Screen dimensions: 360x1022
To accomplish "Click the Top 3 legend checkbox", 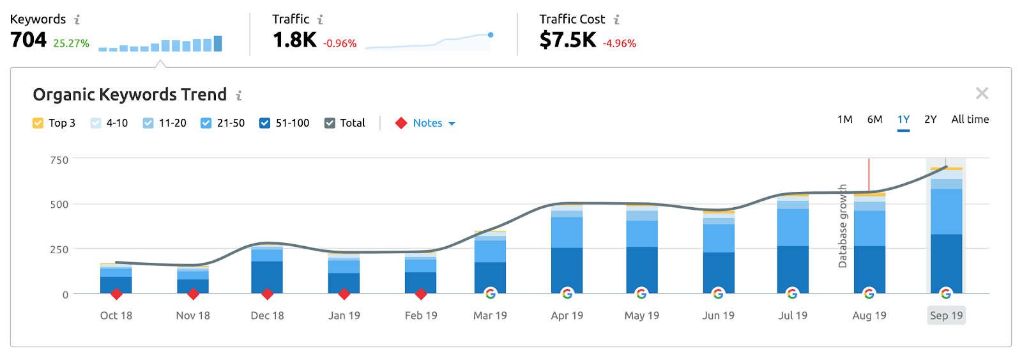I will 38,123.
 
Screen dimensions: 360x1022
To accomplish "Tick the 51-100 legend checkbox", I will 264,123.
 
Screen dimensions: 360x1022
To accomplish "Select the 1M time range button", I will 844,120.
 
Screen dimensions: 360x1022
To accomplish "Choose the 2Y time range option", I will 930,120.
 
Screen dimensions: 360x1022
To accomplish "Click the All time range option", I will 970,120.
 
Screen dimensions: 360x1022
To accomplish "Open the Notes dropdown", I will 434,123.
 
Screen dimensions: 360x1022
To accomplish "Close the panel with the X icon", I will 982,94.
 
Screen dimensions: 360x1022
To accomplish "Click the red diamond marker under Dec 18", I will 268,294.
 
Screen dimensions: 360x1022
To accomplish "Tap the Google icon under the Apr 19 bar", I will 567,293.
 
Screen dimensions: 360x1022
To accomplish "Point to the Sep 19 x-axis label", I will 946,315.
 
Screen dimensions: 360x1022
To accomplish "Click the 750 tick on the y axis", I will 59,160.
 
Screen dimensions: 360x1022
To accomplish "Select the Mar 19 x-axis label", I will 490,315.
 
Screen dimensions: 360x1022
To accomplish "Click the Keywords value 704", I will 29,40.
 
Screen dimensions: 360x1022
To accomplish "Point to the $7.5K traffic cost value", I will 567,40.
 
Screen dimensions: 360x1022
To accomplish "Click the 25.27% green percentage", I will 71,43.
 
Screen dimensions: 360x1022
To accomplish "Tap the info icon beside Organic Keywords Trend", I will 239,95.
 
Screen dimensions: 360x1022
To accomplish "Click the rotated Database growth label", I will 843,226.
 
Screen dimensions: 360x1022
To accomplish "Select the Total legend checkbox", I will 330,123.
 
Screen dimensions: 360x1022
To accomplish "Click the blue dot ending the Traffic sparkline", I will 491,35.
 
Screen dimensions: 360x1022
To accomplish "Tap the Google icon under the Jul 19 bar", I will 792,293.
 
